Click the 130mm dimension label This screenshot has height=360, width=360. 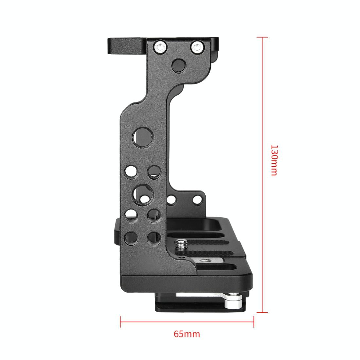click(274, 160)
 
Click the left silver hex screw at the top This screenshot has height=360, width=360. click(160, 48)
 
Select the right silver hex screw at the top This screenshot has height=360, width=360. click(196, 48)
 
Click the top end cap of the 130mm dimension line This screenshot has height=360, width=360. click(262, 37)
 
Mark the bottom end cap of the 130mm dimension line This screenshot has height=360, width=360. click(262, 312)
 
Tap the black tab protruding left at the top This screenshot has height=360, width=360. click(126, 46)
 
